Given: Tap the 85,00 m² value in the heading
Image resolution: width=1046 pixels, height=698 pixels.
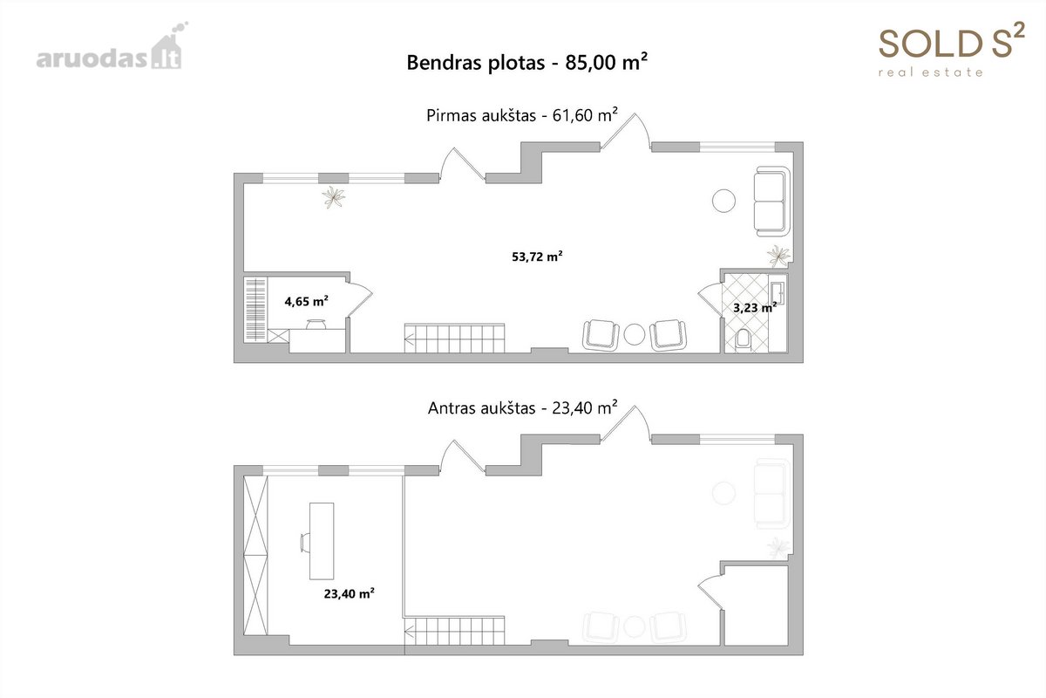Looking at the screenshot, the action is [x=606, y=62].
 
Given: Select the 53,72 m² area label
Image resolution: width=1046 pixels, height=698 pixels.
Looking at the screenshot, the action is [x=537, y=257].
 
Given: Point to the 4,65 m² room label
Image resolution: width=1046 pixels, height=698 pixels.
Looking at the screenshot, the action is [x=306, y=301].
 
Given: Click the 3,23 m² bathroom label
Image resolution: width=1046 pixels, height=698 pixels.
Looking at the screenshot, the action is [x=755, y=307].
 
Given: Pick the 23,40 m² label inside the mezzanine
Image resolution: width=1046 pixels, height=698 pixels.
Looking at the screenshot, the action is [x=349, y=593].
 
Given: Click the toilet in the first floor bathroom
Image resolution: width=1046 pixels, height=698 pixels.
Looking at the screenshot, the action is [x=743, y=340].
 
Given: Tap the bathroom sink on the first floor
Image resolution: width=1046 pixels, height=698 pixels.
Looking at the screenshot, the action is [x=778, y=293].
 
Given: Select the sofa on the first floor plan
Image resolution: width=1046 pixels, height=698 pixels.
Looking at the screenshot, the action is [x=771, y=201].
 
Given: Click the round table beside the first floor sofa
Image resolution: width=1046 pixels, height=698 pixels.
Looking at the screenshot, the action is [x=723, y=201].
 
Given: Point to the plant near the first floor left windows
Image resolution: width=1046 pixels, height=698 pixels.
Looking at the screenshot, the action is [x=333, y=197].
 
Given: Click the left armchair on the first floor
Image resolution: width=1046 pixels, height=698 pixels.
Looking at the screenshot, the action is [x=601, y=335].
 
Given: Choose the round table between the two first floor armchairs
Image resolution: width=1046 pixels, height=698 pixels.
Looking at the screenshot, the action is [x=635, y=335].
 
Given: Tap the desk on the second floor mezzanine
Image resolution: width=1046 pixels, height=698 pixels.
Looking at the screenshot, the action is [x=322, y=541].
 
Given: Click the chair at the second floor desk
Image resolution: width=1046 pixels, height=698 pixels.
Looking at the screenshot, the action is [x=304, y=544].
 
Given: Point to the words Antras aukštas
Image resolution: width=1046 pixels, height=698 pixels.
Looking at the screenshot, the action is [x=481, y=408].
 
